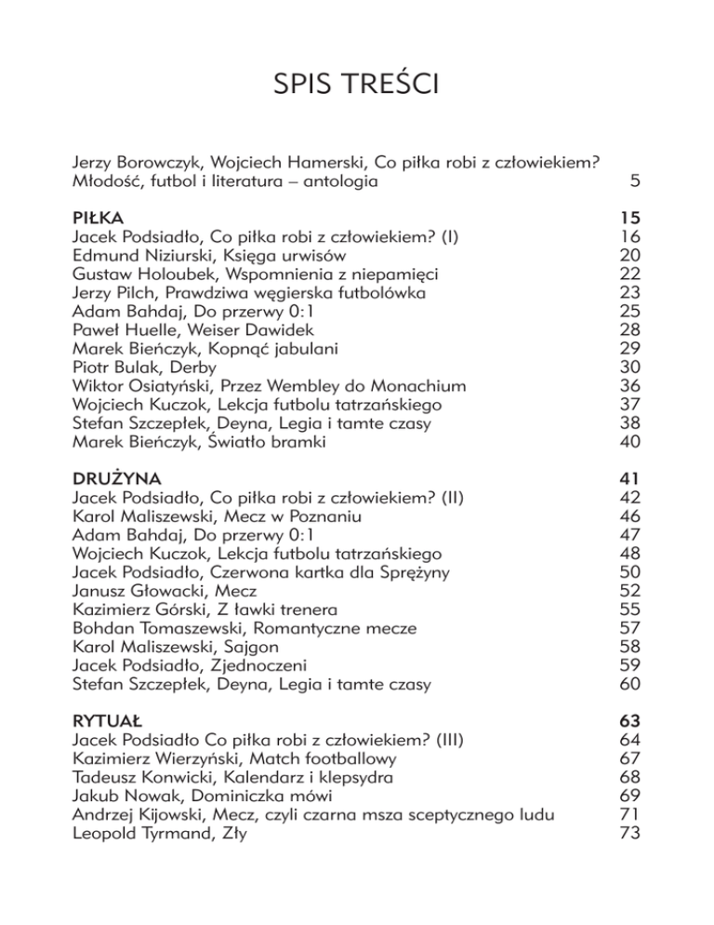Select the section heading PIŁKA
click(98, 219)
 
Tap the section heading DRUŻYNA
click(112, 478)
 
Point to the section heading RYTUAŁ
click(108, 720)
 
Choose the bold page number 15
click(630, 219)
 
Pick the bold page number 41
click(630, 478)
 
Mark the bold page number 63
click(630, 720)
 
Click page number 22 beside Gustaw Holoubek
click(630, 275)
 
